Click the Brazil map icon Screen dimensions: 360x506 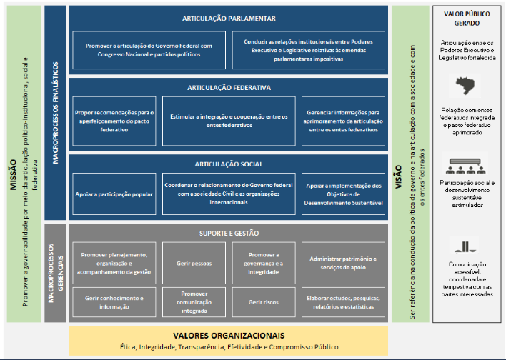click(466, 87)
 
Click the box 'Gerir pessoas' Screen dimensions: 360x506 click(194, 263)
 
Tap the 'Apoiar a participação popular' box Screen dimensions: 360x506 click(114, 194)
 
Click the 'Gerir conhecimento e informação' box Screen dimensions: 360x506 click(114, 302)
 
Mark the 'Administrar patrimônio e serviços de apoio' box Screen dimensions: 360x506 click(342, 263)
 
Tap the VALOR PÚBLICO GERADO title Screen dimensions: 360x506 click(465, 17)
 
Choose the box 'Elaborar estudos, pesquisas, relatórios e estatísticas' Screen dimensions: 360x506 click(342, 302)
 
